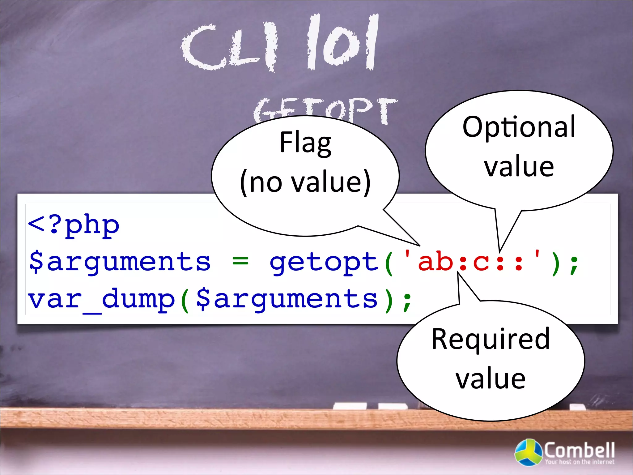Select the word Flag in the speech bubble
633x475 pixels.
click(x=305, y=143)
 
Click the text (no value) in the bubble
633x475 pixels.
click(x=305, y=182)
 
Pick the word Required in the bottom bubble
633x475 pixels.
click(x=491, y=339)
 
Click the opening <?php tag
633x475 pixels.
click(x=74, y=225)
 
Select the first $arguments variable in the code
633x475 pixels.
click(x=120, y=262)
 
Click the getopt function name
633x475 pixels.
click(x=324, y=262)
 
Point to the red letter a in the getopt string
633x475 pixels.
click(x=427, y=262)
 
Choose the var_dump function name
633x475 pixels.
click(x=101, y=299)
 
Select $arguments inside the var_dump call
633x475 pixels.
click(x=287, y=299)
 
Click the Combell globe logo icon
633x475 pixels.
click(x=528, y=452)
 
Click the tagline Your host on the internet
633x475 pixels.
click(x=580, y=462)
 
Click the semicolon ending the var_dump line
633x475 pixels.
click(x=407, y=301)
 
